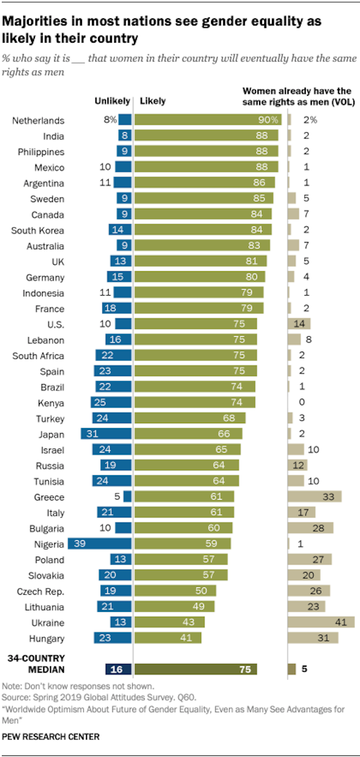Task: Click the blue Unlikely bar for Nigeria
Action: [99, 544]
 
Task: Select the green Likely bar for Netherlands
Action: [208, 120]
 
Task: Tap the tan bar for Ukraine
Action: [321, 622]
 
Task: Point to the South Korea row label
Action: [38, 230]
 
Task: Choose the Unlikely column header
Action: [112, 101]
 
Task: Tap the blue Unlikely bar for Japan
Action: [106, 434]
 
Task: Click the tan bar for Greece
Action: [315, 497]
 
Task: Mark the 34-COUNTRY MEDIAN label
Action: [36, 663]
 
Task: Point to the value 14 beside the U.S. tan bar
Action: [299, 325]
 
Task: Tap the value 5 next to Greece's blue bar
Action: [116, 497]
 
